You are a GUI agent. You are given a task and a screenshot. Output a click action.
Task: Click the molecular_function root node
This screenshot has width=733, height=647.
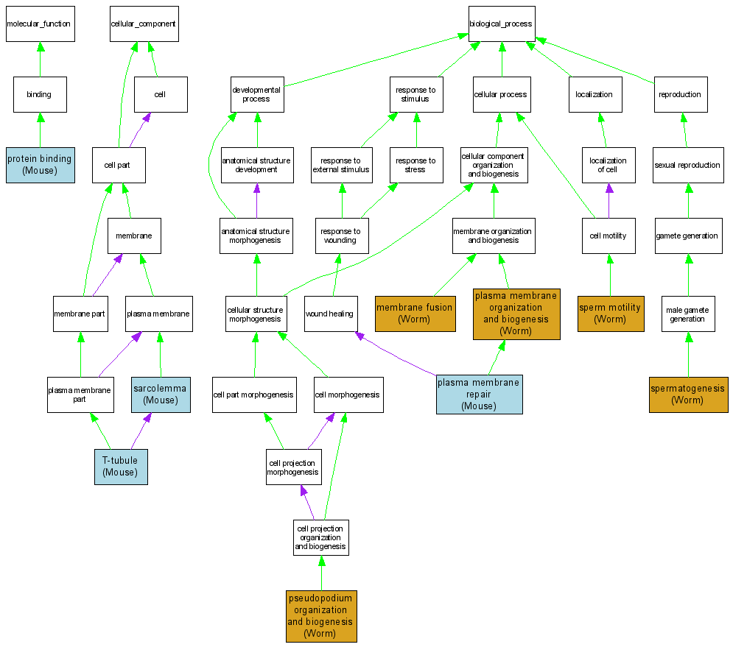pos(38,24)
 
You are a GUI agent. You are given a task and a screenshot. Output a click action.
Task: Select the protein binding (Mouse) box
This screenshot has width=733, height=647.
pos(40,164)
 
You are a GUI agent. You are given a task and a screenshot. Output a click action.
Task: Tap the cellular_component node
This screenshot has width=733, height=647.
pos(143,24)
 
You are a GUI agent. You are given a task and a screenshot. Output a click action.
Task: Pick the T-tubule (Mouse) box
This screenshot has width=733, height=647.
pos(121,467)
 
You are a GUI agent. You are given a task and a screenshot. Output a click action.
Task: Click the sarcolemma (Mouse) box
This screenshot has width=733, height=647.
pos(161,395)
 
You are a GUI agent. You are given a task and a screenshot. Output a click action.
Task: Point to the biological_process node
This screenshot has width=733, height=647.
pos(501,24)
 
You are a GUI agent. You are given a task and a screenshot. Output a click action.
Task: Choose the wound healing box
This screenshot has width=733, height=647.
pos(331,314)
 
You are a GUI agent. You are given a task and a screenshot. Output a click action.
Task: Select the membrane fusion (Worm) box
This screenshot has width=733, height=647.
pos(415,314)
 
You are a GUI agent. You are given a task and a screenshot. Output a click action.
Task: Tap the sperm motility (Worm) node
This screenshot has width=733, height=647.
pos(610,314)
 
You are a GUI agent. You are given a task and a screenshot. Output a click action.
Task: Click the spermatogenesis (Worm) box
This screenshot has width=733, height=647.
pos(688,395)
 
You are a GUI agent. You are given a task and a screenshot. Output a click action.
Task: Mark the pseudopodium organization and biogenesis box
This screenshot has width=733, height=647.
pos(320,616)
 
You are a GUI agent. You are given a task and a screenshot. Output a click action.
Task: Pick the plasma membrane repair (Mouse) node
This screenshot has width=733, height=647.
pos(479,395)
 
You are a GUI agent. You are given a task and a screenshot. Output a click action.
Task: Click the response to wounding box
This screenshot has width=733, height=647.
pos(340,236)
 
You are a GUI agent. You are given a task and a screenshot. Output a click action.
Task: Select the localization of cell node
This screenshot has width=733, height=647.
pos(609,165)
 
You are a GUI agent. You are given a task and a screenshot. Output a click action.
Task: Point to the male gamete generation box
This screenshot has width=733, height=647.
pos(688,314)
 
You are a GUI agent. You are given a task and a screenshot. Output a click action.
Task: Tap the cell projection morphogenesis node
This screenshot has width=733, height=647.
pos(292,467)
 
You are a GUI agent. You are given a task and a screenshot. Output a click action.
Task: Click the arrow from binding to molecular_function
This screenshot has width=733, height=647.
pos(40,60)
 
